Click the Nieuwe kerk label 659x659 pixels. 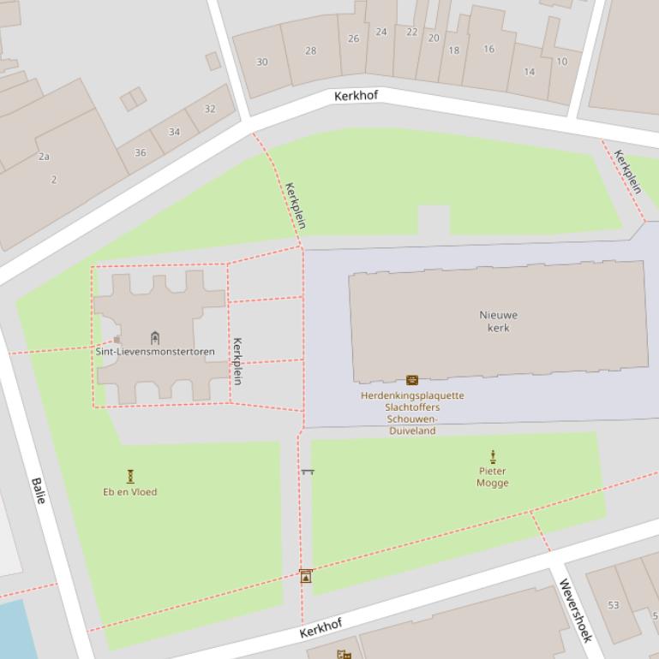point(498,321)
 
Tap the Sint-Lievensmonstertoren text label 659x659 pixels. point(155,352)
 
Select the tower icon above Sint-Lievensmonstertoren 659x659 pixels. point(155,337)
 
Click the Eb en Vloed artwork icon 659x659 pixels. point(130,476)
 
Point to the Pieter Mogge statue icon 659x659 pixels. point(493,457)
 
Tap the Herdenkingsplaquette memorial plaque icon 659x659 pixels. point(412,380)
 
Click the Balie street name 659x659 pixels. point(39,490)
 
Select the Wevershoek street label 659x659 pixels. point(575,610)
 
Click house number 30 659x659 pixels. point(262,62)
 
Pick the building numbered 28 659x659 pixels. point(310,50)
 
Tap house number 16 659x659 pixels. point(488,49)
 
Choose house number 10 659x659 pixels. point(562,61)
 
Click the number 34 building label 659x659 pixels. point(175,132)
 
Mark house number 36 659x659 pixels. point(141,152)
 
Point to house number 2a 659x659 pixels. point(45,157)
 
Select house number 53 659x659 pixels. point(614,605)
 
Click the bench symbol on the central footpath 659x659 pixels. point(308,472)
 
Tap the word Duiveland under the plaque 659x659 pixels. point(412,431)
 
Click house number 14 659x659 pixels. point(530,72)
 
